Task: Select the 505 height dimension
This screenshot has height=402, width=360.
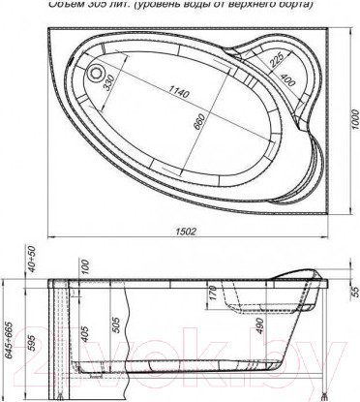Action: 115,324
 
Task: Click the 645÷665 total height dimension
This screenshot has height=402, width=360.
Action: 10,334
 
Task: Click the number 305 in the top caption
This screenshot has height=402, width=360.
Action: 105,4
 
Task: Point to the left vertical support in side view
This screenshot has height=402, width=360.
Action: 58,339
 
